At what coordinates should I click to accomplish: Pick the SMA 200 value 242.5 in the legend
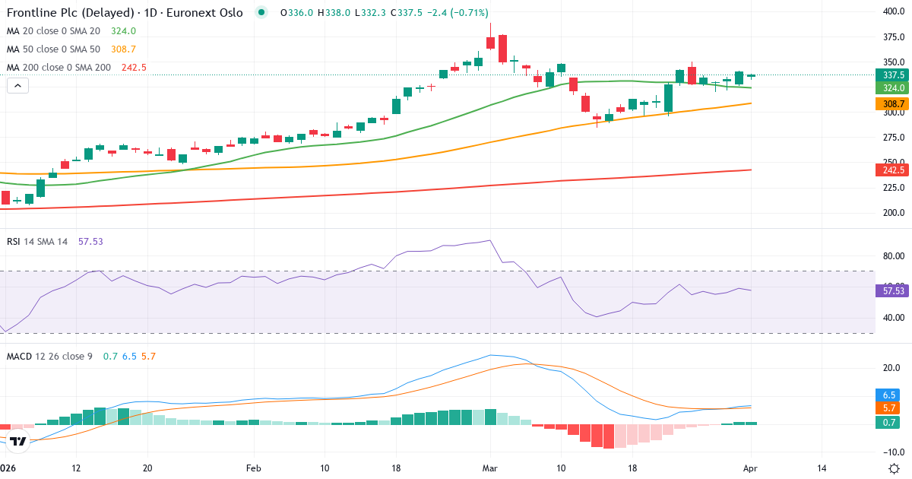(x=134, y=68)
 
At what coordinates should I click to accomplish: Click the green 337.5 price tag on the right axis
(x=890, y=75)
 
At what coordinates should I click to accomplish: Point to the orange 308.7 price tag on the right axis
(x=890, y=104)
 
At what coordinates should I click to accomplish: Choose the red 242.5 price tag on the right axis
(x=890, y=170)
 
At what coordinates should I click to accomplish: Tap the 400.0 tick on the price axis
(x=892, y=11)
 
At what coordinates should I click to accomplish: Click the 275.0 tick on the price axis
(x=892, y=138)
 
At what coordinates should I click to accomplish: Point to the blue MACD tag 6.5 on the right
(x=890, y=395)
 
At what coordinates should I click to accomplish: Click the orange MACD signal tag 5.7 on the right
(x=890, y=408)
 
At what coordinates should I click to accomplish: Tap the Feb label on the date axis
(x=253, y=468)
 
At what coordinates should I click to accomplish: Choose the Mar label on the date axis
(x=490, y=468)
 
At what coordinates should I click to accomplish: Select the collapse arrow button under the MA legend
(x=17, y=86)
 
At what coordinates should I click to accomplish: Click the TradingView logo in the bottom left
(x=18, y=440)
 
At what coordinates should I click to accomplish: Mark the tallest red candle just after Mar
(x=502, y=49)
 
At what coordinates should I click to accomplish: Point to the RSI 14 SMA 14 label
(x=37, y=241)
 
